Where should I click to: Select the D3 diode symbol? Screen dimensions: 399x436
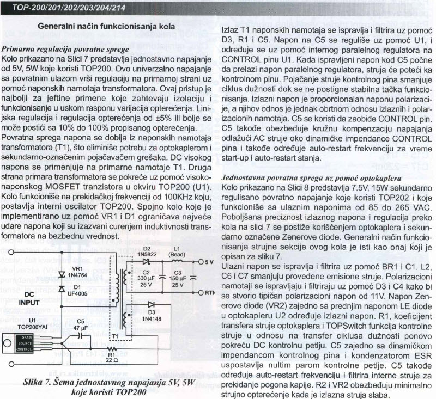pos(150,304)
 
